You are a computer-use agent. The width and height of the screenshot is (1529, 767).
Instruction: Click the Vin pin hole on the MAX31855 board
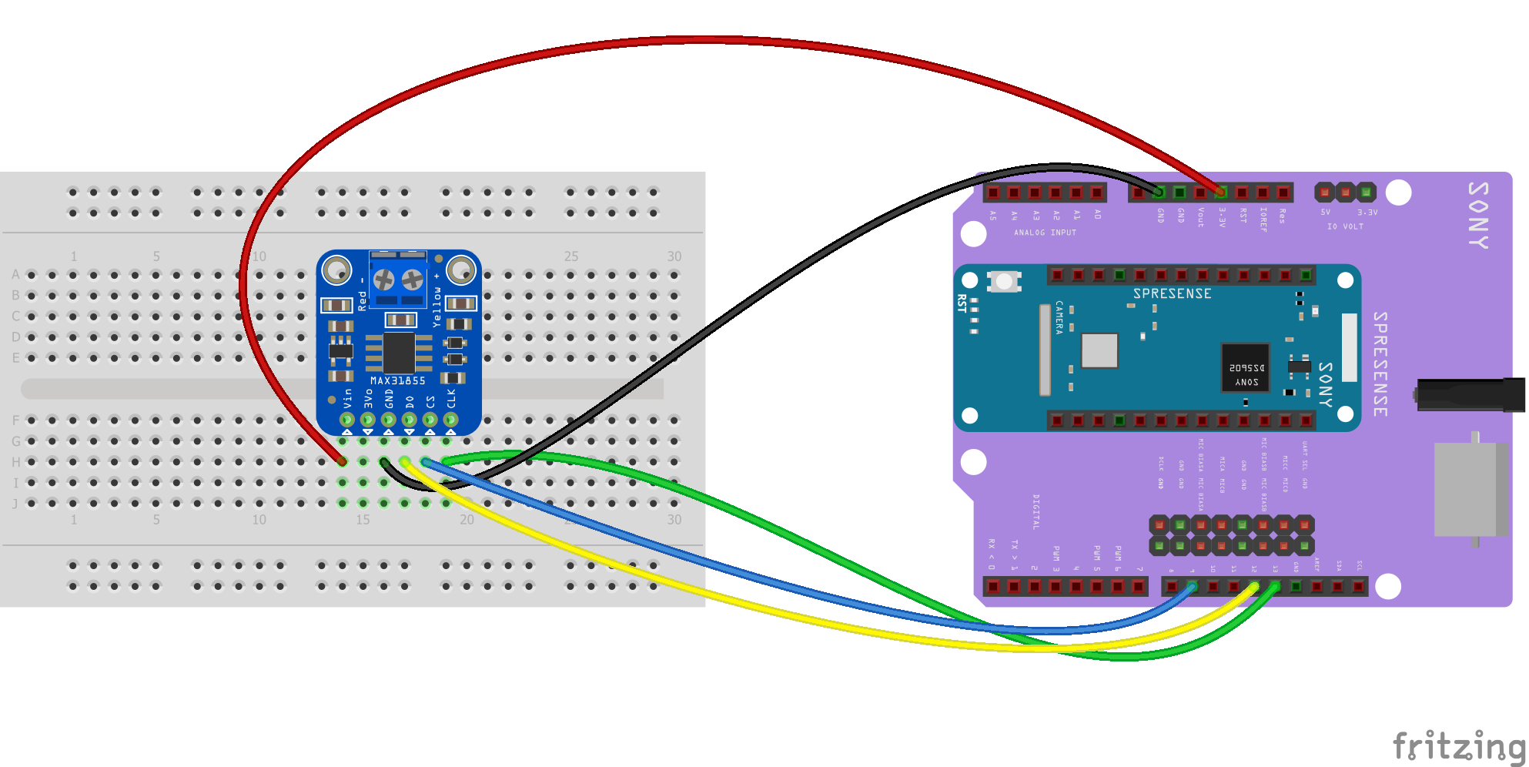[347, 420]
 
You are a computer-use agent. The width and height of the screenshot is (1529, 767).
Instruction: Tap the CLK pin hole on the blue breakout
[450, 420]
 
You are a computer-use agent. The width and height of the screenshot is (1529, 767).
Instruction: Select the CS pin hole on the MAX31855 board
[430, 420]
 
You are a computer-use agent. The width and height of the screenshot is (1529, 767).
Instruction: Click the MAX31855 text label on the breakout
[397, 380]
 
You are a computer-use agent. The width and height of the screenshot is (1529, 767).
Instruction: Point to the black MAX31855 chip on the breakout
[399, 353]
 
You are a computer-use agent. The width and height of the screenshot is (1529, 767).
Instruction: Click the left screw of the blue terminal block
[383, 280]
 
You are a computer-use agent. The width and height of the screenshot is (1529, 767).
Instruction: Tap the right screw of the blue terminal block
[413, 280]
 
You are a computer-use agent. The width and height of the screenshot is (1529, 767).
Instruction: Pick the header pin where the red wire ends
[1221, 192]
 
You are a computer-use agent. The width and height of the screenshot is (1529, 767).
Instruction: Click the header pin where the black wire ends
[1159, 192]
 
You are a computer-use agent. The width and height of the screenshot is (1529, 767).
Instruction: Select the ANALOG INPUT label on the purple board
[1045, 233]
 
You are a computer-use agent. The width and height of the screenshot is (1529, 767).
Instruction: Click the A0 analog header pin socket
[1097, 192]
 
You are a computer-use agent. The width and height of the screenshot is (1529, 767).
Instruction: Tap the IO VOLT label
[1345, 226]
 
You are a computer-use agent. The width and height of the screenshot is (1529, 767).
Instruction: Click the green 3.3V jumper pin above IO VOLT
[1367, 191]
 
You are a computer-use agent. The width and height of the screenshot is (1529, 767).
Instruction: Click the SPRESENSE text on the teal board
[1172, 293]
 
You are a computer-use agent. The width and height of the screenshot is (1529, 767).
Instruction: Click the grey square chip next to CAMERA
[1099, 351]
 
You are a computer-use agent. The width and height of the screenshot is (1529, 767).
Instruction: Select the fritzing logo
[1459, 745]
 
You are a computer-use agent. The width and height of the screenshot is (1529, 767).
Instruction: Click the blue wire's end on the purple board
[1192, 587]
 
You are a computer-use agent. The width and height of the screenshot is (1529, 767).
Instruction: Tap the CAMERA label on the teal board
[1059, 317]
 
